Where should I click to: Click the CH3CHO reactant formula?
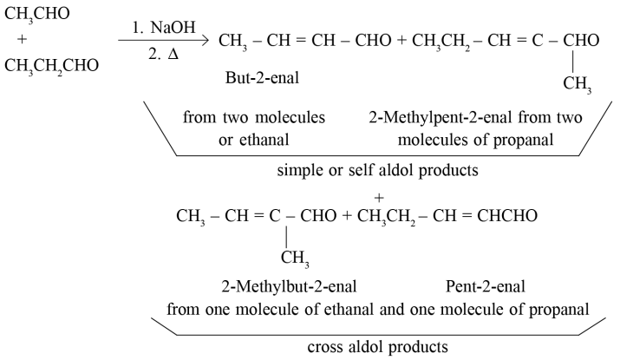(36, 14)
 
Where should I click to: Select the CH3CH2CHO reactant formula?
(51, 66)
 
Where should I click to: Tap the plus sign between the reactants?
(23, 40)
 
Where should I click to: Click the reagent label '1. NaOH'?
(164, 28)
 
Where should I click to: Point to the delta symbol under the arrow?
(173, 54)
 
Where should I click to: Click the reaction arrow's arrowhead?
(205, 40)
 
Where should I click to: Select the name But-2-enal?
(262, 78)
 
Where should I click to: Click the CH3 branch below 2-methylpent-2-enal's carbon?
(578, 84)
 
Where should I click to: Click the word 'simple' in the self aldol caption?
(300, 171)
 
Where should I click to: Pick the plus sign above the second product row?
(379, 198)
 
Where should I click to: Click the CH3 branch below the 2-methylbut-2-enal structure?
(295, 259)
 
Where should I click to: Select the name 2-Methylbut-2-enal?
(289, 287)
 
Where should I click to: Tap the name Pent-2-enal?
(486, 287)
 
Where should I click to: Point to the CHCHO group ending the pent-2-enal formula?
(507, 216)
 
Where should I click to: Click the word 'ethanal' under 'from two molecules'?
(264, 140)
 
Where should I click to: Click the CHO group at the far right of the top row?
(581, 41)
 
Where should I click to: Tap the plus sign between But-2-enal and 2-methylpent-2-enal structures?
(401, 41)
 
